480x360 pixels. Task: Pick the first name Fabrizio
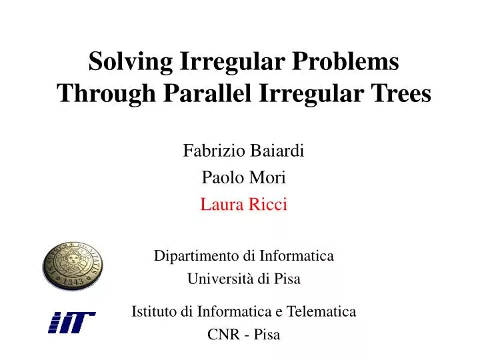coord(210,151)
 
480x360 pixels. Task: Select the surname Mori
coord(270,178)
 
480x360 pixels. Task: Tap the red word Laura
coord(219,205)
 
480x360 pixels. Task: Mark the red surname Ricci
coord(268,205)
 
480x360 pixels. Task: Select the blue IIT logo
coord(71,322)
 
